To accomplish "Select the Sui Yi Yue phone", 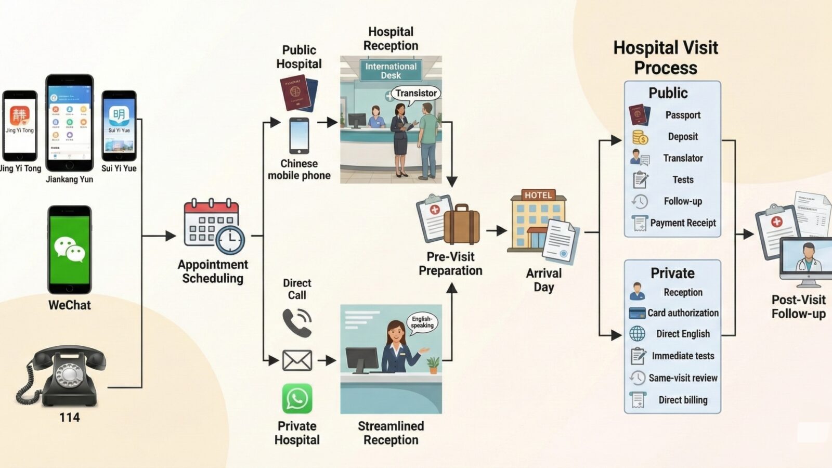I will click(119, 126).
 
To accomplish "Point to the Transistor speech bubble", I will click(415, 93).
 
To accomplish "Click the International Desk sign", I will click(391, 70).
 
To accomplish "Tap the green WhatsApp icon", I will click(297, 398).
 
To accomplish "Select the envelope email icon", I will click(297, 360).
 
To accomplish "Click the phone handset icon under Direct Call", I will click(297, 322).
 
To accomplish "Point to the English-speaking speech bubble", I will click(422, 322).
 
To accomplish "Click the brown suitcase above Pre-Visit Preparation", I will click(462, 225).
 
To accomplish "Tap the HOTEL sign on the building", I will click(538, 195).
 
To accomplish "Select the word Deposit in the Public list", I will click(683, 136).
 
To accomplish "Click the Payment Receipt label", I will click(683, 223).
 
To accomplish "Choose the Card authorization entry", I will click(683, 313).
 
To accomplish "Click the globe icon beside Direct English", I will click(637, 333).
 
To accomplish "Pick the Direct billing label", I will click(683, 399).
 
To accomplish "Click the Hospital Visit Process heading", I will click(666, 57).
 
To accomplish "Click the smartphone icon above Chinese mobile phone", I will click(299, 135).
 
